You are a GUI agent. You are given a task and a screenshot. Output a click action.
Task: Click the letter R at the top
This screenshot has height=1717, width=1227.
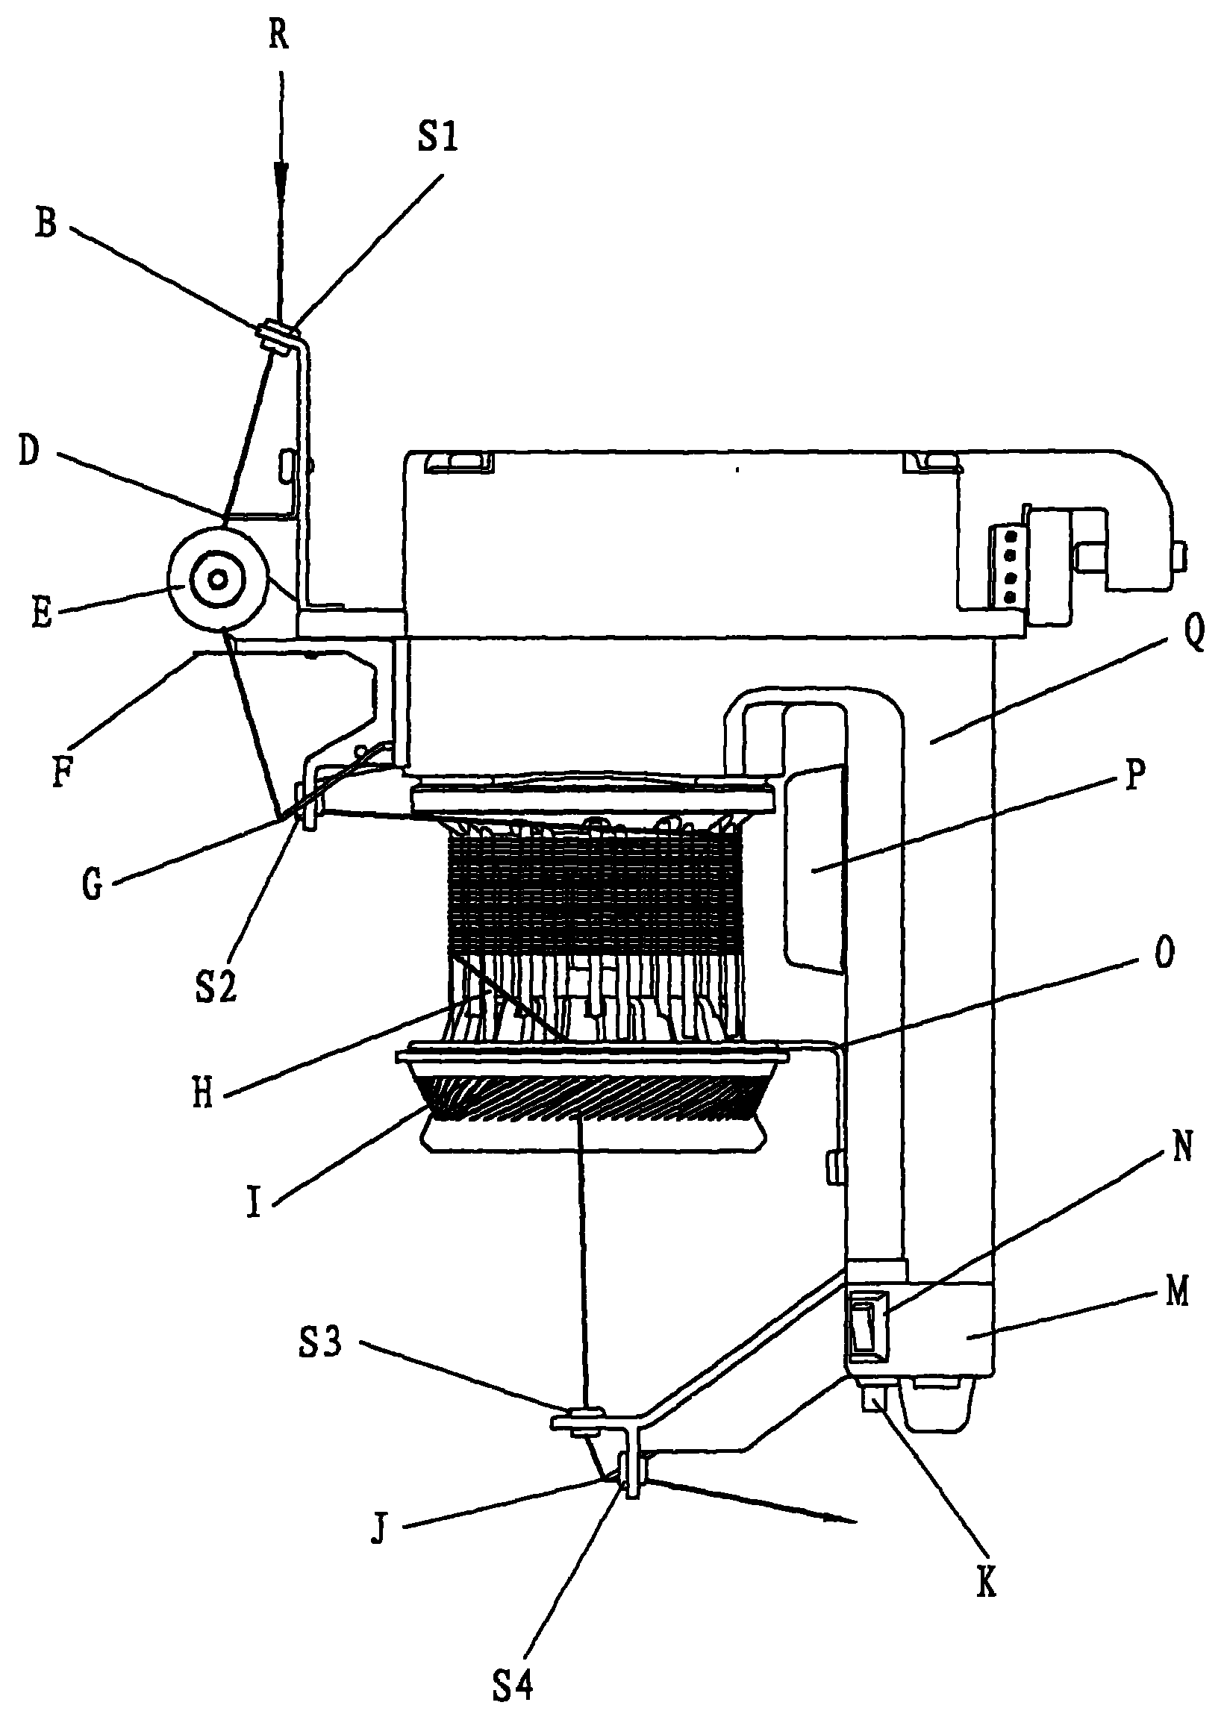coord(279,36)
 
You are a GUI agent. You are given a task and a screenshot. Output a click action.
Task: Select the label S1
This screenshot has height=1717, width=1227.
coord(437,137)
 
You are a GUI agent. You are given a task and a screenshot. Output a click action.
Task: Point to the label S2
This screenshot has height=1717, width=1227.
coord(216,986)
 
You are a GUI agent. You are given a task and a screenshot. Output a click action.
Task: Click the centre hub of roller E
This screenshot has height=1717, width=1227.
coord(219,579)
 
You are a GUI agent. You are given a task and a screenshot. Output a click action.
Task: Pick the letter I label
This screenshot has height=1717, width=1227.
coord(254,1202)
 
